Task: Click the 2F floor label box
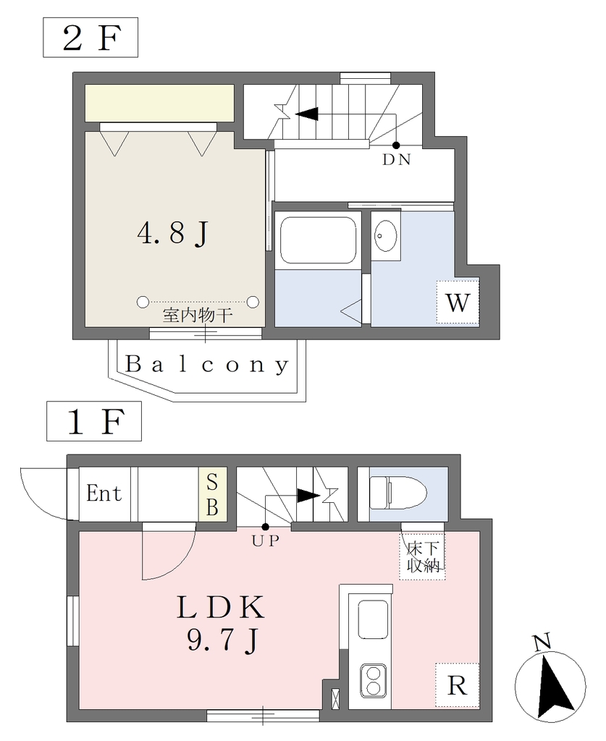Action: click(x=91, y=38)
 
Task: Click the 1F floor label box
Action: click(x=93, y=421)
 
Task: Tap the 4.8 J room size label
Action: click(x=173, y=233)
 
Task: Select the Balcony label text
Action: click(x=207, y=365)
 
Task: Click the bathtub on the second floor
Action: click(x=318, y=240)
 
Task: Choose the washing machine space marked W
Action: click(x=457, y=302)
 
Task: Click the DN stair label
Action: click(x=396, y=160)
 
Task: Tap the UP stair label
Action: click(x=265, y=541)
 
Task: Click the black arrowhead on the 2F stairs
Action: click(x=306, y=114)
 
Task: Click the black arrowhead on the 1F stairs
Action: click(x=308, y=496)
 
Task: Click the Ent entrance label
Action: click(x=104, y=494)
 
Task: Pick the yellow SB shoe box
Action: click(x=212, y=494)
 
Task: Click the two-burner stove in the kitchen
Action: click(x=374, y=680)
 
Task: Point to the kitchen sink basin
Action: click(x=374, y=619)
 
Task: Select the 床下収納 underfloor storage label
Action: click(x=424, y=557)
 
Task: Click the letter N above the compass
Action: click(x=542, y=643)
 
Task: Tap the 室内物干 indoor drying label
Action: click(x=198, y=316)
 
